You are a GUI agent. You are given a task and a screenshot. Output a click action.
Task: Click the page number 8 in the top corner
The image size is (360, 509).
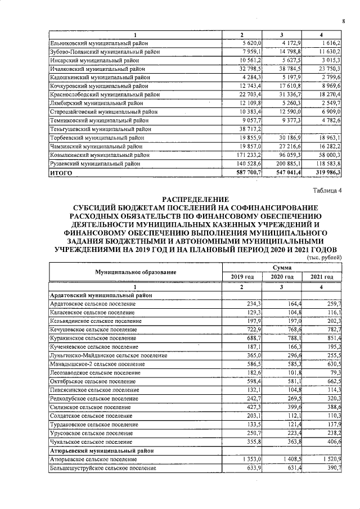(343, 22)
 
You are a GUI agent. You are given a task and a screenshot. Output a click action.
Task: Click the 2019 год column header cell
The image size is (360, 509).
(242, 277)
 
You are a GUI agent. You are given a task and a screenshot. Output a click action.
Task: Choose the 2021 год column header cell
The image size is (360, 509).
(322, 277)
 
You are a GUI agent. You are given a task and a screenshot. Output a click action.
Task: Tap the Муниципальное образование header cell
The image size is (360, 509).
(136, 272)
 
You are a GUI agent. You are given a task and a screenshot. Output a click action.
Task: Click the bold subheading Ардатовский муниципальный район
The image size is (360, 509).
(99, 295)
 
